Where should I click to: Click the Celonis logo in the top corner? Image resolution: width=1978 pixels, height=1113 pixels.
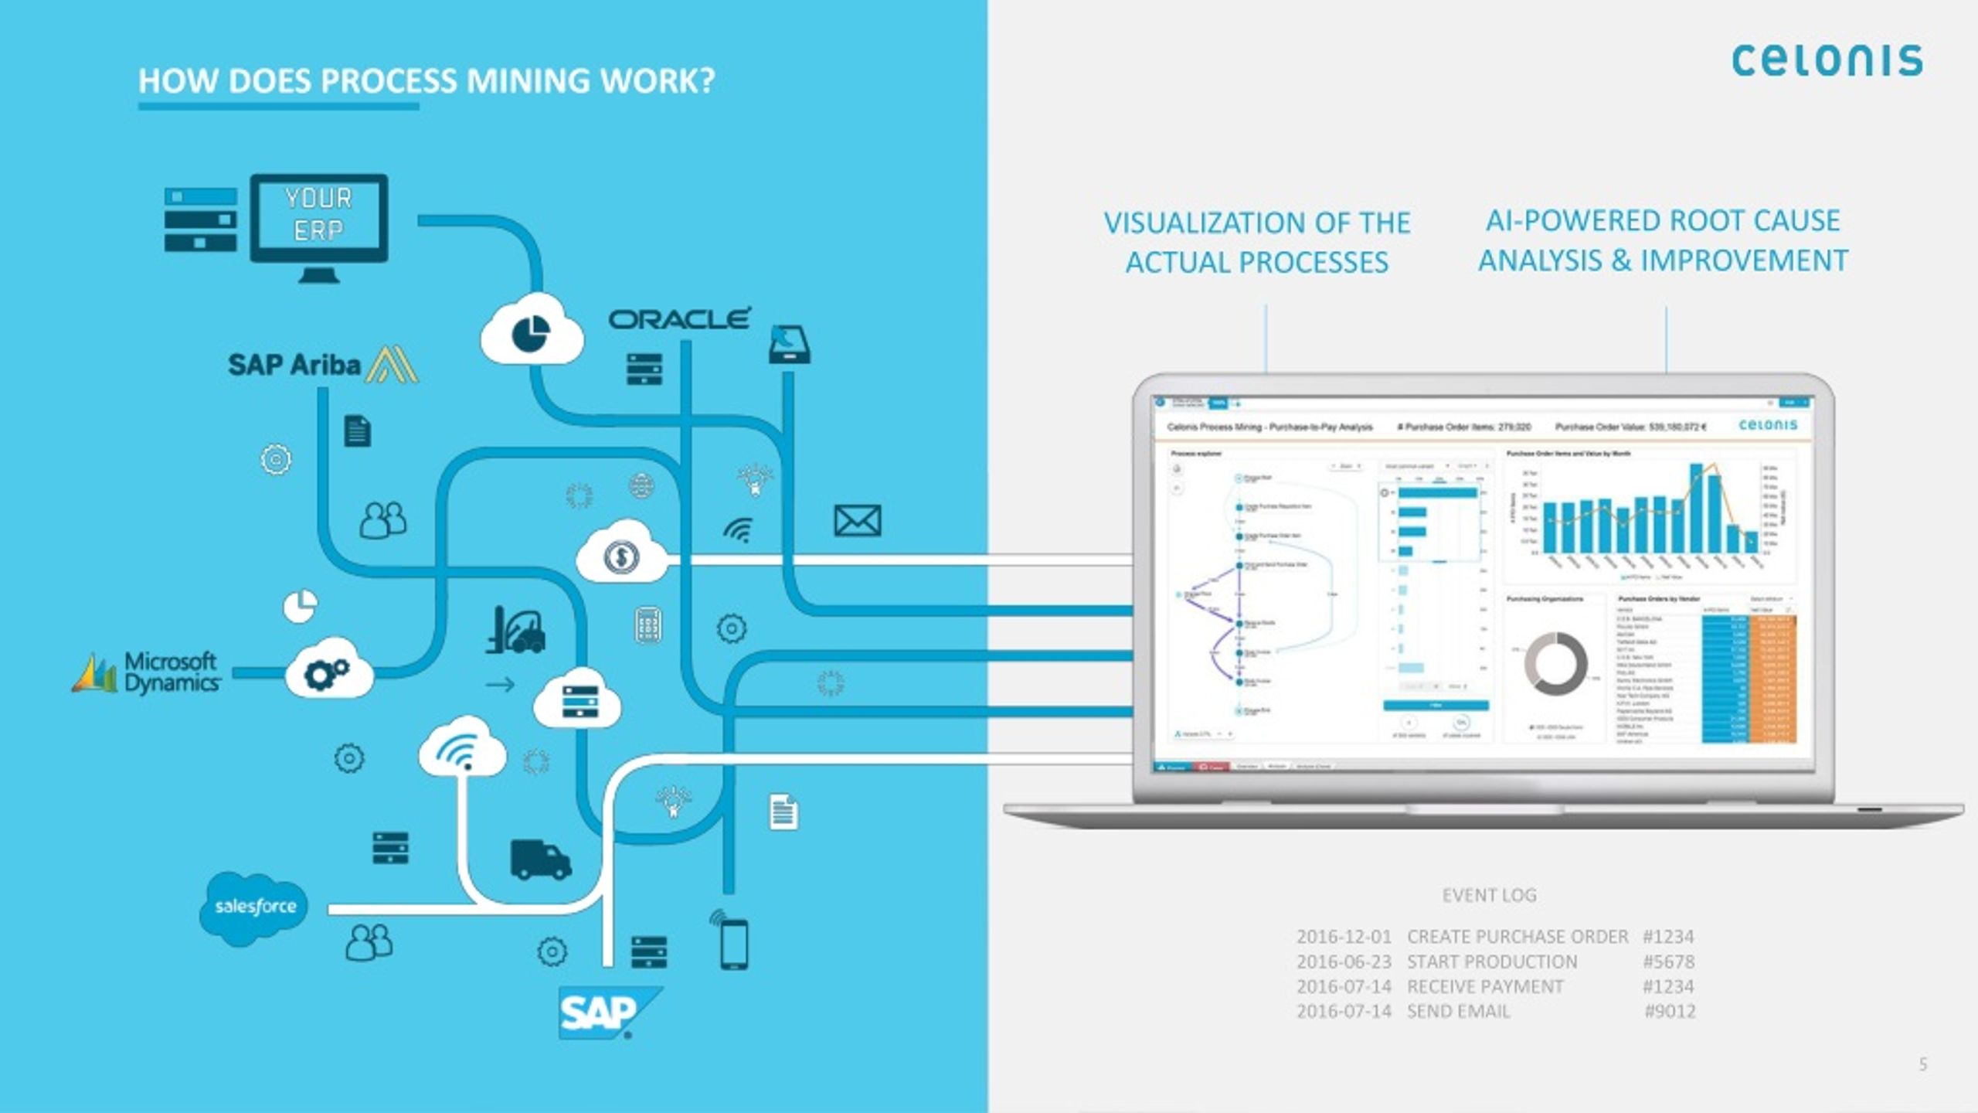(x=1827, y=60)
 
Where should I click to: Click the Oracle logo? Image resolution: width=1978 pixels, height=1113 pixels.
(x=679, y=318)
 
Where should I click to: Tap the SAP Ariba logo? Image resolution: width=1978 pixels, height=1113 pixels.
(x=321, y=365)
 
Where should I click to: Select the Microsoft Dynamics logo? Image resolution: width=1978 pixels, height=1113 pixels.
(x=147, y=672)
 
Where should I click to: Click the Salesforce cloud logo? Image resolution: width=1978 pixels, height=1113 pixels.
(x=254, y=907)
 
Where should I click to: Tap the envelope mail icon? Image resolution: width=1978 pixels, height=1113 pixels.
(x=857, y=521)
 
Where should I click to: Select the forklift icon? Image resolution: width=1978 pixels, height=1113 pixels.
(x=516, y=629)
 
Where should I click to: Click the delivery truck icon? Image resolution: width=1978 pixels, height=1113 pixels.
(x=540, y=859)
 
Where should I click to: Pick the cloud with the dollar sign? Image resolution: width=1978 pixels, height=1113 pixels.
(x=621, y=553)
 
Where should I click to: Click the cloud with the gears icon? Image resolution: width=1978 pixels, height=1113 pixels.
(x=328, y=671)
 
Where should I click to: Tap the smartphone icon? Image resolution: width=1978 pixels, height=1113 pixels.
(x=733, y=942)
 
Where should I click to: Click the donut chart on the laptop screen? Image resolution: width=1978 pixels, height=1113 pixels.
(x=1555, y=663)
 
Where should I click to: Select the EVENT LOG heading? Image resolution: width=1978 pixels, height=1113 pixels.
(x=1489, y=895)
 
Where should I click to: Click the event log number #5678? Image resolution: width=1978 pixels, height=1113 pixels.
(x=1668, y=962)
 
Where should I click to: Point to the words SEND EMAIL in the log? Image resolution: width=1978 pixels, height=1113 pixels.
(x=1458, y=1011)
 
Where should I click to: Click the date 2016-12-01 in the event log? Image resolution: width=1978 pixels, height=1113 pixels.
(x=1343, y=937)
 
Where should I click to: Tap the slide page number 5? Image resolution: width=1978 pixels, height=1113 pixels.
(x=1923, y=1064)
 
